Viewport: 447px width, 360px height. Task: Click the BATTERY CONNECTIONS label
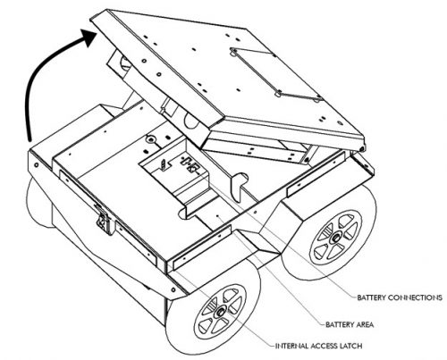[x=400, y=297]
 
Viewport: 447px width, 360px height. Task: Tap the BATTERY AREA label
[x=350, y=324]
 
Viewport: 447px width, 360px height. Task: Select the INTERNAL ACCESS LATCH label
[x=318, y=346]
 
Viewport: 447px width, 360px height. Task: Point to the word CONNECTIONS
[x=416, y=297]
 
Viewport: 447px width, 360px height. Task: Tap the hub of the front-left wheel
[x=221, y=312]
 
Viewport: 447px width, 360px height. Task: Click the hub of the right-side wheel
[x=336, y=238]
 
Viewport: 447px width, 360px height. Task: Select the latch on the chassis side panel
[x=104, y=220]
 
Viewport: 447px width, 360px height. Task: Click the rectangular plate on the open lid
[x=276, y=74]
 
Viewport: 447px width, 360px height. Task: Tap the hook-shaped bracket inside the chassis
[x=239, y=186]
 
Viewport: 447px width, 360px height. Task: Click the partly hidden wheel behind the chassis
[x=38, y=203]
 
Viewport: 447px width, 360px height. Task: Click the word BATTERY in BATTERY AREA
[x=339, y=324]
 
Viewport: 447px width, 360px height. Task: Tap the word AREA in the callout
[x=364, y=324]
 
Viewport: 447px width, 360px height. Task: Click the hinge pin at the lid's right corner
[x=362, y=148]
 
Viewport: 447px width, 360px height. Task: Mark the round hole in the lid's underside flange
[x=190, y=121]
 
